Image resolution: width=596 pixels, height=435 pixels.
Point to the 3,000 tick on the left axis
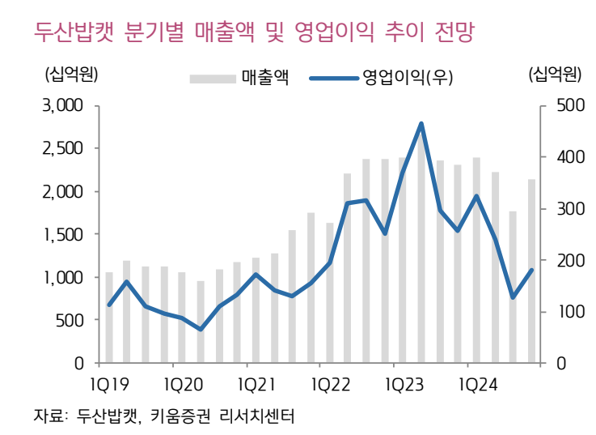click(x=62, y=106)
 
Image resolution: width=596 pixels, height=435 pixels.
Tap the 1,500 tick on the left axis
click(x=62, y=235)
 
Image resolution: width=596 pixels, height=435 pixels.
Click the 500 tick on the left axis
click(x=70, y=320)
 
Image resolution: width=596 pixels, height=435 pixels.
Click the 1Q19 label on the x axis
click(x=110, y=382)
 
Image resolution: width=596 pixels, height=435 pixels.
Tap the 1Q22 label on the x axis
click(x=330, y=382)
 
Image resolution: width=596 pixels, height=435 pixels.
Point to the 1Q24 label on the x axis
click(x=476, y=382)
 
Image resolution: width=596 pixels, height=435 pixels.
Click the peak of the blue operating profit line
click(x=421, y=124)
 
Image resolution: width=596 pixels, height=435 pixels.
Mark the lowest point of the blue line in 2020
click(x=201, y=329)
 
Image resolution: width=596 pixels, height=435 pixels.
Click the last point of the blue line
click(x=531, y=271)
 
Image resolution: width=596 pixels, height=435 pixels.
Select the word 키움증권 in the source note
click(x=187, y=416)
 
